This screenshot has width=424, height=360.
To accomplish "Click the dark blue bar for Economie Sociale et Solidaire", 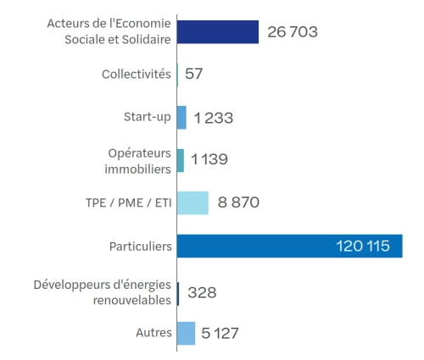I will point(217,31).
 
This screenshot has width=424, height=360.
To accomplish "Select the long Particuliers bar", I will point(288,246).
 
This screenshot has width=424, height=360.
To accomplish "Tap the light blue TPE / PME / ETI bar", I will point(192,202).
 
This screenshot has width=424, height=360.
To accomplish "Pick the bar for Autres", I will point(186,333).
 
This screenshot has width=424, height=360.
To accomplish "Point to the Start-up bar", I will point(181,118).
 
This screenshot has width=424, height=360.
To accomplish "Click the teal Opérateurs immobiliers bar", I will point(180,160).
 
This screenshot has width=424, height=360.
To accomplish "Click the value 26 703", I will point(292,32).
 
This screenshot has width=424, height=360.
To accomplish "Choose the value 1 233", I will point(213,118).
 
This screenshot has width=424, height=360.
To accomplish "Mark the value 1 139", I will point(209,159).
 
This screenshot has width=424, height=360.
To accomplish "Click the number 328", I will point(202,293).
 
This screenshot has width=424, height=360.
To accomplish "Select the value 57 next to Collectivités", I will point(193,75).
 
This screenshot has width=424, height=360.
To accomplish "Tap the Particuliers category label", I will point(139,246).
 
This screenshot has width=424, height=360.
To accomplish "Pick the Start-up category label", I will point(147,118).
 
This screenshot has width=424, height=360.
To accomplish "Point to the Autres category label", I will point(153,333).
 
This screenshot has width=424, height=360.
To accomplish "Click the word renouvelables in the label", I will point(130,301).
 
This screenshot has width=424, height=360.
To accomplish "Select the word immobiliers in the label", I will point(139,169).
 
